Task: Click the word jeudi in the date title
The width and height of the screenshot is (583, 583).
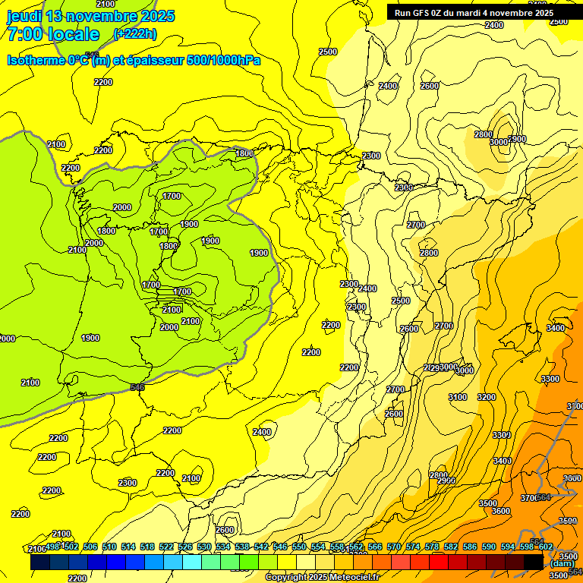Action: (x=25, y=16)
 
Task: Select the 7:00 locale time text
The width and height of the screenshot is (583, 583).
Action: (x=52, y=34)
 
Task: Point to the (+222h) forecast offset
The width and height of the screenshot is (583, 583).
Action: (x=134, y=33)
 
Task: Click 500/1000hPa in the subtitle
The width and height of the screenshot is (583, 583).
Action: (x=224, y=60)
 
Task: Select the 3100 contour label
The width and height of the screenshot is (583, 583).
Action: (x=457, y=397)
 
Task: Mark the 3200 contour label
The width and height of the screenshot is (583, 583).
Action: (x=487, y=397)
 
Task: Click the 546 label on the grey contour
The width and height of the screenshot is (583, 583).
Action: (x=137, y=388)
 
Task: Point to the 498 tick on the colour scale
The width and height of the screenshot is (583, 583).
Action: (x=53, y=547)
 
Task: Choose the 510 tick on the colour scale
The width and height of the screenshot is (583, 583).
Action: (x=109, y=547)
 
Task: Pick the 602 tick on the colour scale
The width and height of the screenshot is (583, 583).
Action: (x=544, y=547)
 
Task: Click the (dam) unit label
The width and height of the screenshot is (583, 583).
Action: (x=562, y=564)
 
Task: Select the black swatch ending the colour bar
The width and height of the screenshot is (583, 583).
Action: (x=534, y=563)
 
